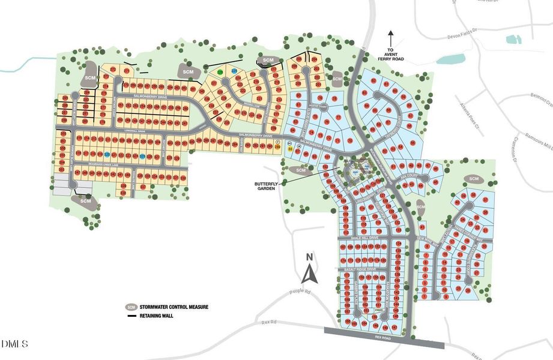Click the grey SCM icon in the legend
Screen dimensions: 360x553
(130, 307)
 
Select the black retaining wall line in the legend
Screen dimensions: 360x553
(130, 316)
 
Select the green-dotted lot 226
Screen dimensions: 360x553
(220, 72)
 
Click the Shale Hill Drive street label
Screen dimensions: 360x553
(364, 238)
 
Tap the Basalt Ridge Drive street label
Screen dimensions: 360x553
(360, 270)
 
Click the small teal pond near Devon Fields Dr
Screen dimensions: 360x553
(513, 40)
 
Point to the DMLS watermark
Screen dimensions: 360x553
(15, 344)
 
